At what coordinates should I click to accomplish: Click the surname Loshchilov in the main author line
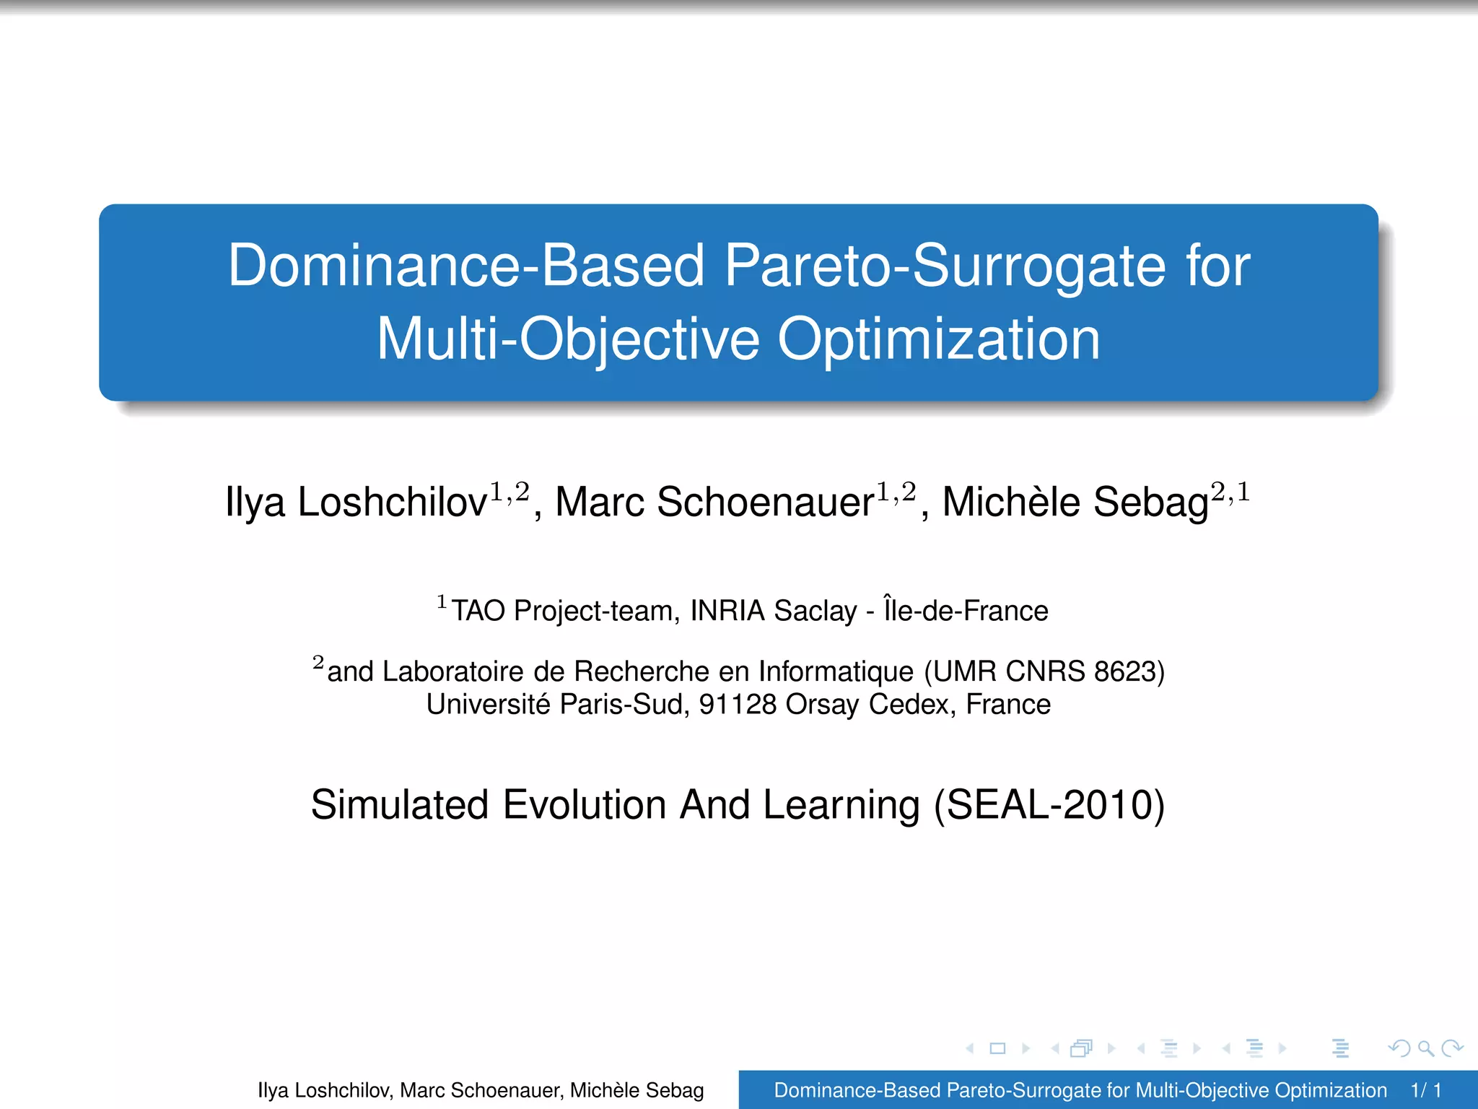pos(392,502)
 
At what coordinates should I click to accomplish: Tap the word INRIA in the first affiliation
pos(727,611)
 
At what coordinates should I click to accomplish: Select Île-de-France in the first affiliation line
pos(966,611)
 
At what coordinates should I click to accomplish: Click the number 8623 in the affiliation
pos(1124,671)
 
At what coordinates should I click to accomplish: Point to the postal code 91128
pos(738,704)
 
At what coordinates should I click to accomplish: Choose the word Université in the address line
pos(488,704)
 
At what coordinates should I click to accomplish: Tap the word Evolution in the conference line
pos(584,804)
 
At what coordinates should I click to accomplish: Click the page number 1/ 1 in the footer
pos(1426,1090)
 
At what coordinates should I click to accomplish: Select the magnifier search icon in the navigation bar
pos(1425,1048)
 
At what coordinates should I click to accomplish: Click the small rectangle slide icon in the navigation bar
pos(997,1048)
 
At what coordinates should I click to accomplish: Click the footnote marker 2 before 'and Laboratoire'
pos(318,662)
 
